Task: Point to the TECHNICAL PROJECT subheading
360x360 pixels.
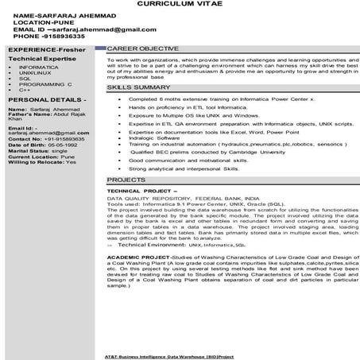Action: pos(139,192)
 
